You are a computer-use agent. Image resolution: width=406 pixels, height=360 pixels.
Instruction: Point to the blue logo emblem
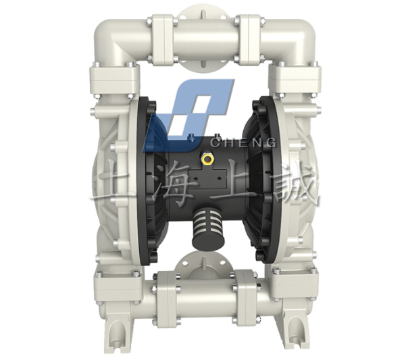point(188,115)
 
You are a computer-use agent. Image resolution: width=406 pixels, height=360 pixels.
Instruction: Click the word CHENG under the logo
point(244,143)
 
